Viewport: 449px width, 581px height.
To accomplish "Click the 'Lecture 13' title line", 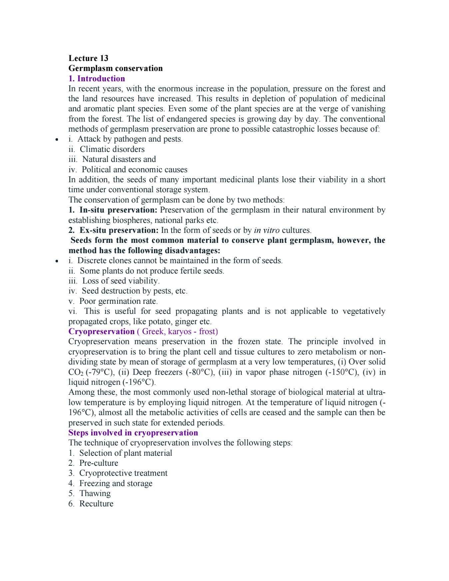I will (x=88, y=58).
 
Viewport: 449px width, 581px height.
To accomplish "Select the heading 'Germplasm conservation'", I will (x=116, y=68).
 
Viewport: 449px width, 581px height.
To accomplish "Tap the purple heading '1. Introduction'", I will (x=97, y=79).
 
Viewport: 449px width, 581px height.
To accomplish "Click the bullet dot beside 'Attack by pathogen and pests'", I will (x=57, y=140).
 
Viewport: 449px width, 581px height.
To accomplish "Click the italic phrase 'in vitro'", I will (x=266, y=230).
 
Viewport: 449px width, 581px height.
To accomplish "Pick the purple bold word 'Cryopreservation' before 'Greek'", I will (x=101, y=331).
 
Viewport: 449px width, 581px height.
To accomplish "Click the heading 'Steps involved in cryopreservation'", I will (x=133, y=433).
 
